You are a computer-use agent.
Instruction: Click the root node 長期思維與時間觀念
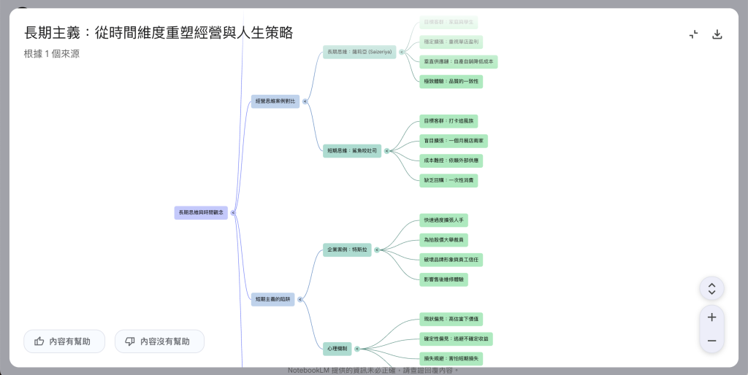point(201,213)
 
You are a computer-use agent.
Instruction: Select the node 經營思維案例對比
point(275,101)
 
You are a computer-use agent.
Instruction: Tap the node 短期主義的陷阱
point(272,299)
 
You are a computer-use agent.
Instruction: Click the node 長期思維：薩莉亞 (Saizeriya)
point(359,52)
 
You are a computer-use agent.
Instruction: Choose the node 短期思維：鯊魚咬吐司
point(352,151)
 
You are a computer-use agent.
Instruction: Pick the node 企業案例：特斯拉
point(347,250)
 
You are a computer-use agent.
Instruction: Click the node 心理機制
point(337,349)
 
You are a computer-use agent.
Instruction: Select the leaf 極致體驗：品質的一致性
point(451,81)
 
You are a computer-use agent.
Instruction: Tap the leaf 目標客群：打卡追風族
point(450,121)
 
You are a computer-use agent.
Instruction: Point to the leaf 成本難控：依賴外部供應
point(451,161)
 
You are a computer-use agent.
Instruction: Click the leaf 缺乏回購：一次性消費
point(449,180)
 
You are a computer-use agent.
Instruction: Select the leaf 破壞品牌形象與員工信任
point(452,259)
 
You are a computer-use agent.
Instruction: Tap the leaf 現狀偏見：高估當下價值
point(451,319)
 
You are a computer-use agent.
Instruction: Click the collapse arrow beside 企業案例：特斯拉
point(378,250)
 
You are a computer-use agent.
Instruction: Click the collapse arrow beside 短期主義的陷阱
point(302,299)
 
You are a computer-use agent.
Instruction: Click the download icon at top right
point(717,34)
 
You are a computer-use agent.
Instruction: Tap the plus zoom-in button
point(711,317)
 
